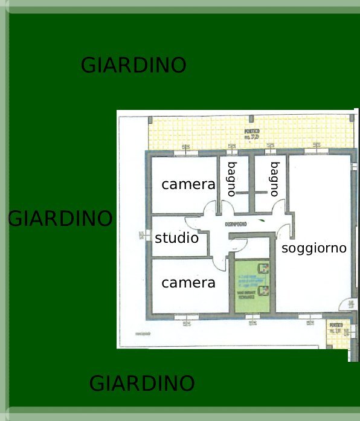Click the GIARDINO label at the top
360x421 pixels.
coord(133,65)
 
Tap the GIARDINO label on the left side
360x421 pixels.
coord(60,218)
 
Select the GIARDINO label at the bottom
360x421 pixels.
coord(142,383)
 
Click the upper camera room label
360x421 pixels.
coord(188,184)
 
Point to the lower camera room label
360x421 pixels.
coord(188,282)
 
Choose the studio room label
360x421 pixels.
coord(176,238)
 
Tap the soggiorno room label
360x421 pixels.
coord(314,248)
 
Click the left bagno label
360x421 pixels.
coord(231,179)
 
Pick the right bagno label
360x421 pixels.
coord(275,179)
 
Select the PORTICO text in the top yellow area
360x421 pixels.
coord(252,134)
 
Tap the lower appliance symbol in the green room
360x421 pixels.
coord(263,291)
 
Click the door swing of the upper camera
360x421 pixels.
coord(209,208)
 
